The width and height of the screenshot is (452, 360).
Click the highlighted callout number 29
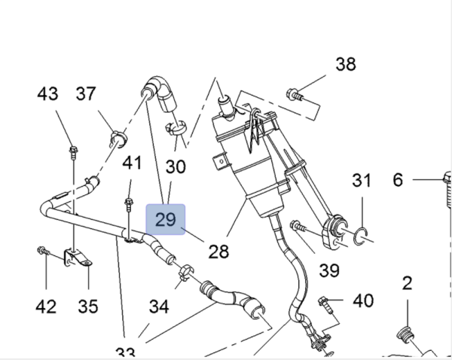click(x=165, y=220)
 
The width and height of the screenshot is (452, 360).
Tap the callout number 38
click(x=345, y=64)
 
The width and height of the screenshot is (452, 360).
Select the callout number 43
click(x=47, y=94)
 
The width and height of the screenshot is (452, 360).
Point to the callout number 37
click(x=86, y=94)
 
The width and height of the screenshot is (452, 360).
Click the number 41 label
click(x=132, y=162)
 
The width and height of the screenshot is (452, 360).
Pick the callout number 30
click(x=175, y=166)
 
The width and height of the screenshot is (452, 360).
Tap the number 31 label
click(x=362, y=180)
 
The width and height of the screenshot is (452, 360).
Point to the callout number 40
click(x=363, y=301)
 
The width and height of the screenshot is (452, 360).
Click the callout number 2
click(x=407, y=283)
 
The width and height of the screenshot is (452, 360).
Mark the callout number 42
click(x=47, y=306)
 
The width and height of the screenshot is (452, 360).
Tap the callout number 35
click(x=88, y=306)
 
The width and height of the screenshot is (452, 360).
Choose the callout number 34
click(x=159, y=306)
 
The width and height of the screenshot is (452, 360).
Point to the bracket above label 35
click(x=78, y=258)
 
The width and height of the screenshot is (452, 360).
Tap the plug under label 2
click(x=405, y=336)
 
